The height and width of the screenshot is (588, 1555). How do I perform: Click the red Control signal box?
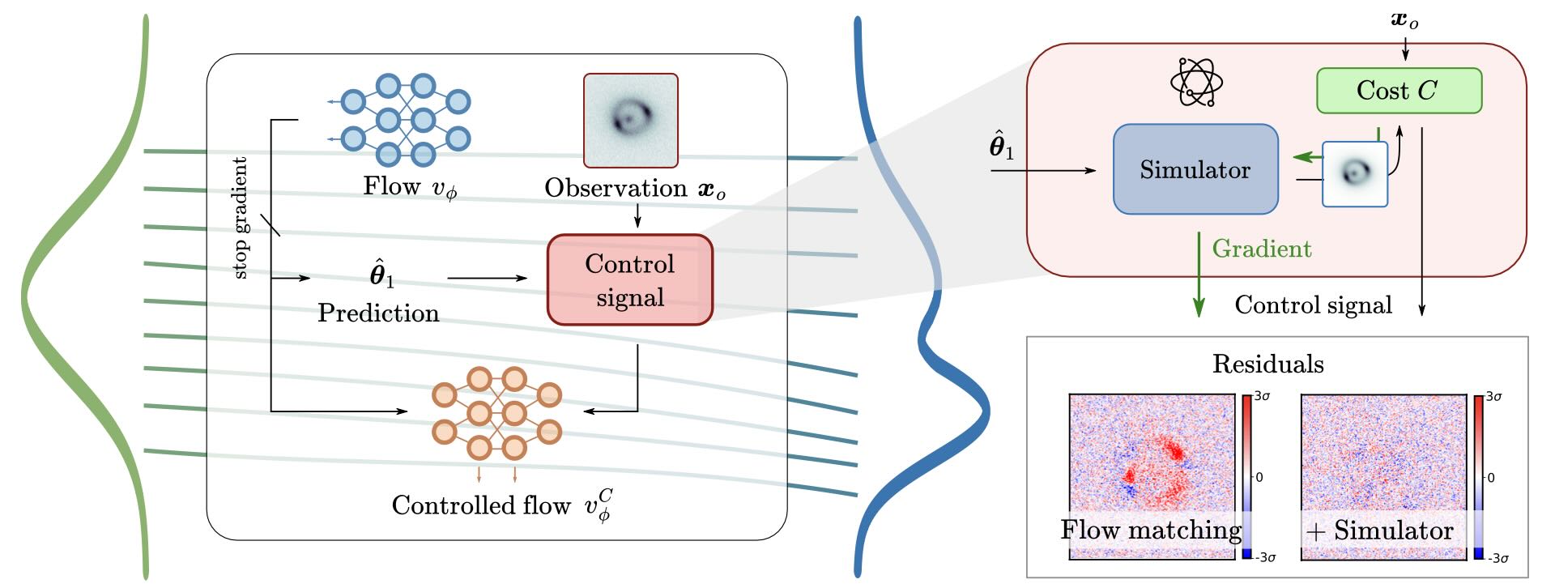pos(630,280)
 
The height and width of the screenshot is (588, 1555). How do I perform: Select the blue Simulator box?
pos(1195,169)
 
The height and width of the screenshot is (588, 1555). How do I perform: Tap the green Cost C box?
pos(1399,91)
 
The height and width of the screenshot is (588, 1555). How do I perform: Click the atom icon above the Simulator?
pos(1196,83)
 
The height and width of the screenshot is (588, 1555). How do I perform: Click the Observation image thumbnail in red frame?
pos(631,120)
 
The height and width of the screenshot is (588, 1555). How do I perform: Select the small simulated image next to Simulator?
pos(1355,174)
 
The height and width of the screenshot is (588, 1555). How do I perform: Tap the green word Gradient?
pos(1261,249)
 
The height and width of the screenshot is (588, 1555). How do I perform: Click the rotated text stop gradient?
pos(241,218)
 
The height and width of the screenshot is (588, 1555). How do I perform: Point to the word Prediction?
pos(378,313)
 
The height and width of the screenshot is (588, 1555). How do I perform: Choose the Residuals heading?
pos(1267,364)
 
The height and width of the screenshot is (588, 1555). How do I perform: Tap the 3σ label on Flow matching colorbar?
pos(1262,397)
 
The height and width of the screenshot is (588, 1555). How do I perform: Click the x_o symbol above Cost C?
pos(1404,20)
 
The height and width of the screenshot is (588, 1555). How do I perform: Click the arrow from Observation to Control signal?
pos(637,216)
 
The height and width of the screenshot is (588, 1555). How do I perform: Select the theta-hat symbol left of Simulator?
pos(1001,147)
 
